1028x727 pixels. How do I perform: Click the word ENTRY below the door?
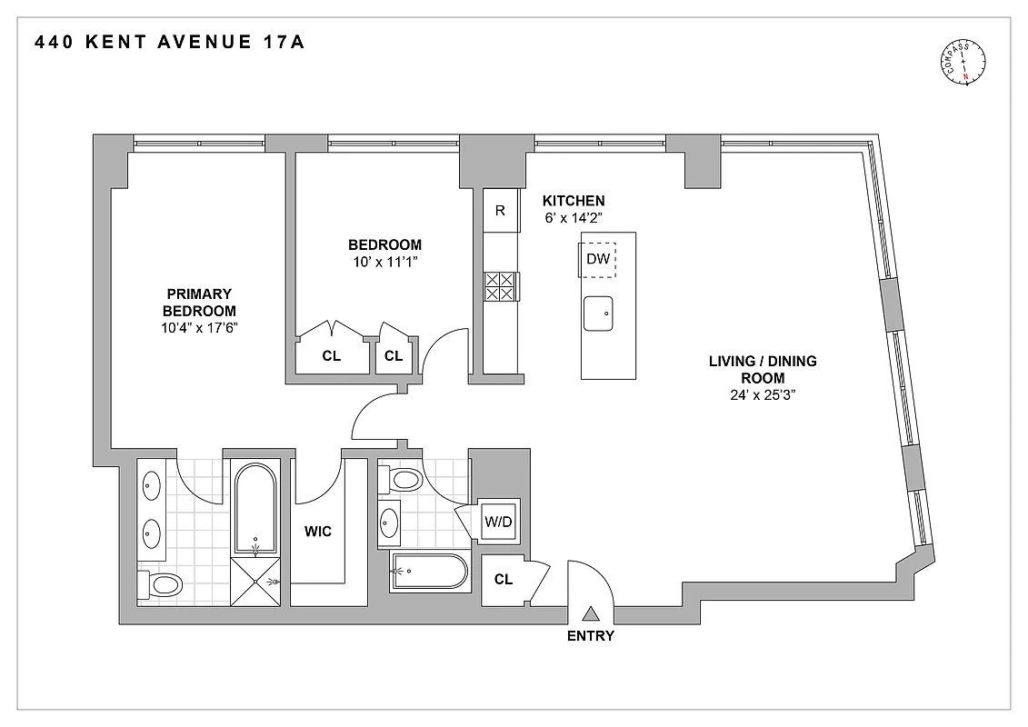tap(591, 636)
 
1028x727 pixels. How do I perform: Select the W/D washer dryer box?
tap(498, 522)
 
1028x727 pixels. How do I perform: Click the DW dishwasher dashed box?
tap(597, 259)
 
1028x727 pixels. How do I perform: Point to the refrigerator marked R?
tap(501, 210)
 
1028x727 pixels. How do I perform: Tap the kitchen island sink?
tap(597, 314)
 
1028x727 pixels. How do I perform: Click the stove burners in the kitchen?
tap(500, 287)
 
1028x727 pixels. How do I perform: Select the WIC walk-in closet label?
tap(318, 532)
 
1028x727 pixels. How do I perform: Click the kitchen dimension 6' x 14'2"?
tap(574, 217)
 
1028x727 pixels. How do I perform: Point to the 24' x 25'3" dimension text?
tap(763, 395)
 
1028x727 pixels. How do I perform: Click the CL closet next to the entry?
tap(504, 578)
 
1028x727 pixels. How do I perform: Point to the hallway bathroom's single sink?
tap(389, 522)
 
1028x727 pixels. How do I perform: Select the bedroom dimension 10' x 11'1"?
tap(384, 262)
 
